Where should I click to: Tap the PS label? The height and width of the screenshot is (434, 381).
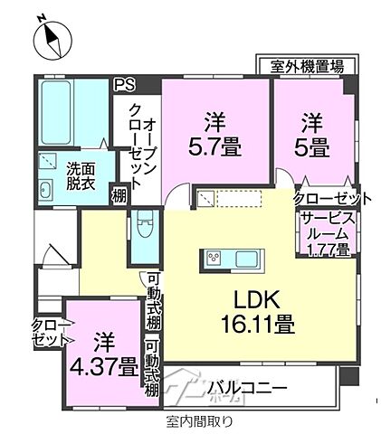[x=123, y=86]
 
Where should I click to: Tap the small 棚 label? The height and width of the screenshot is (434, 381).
[x=119, y=194]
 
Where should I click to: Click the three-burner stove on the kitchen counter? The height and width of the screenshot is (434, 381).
[x=216, y=257]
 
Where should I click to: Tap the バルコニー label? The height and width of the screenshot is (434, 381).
[x=245, y=389]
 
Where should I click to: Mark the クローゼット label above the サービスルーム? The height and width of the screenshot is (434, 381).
[x=332, y=199]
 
